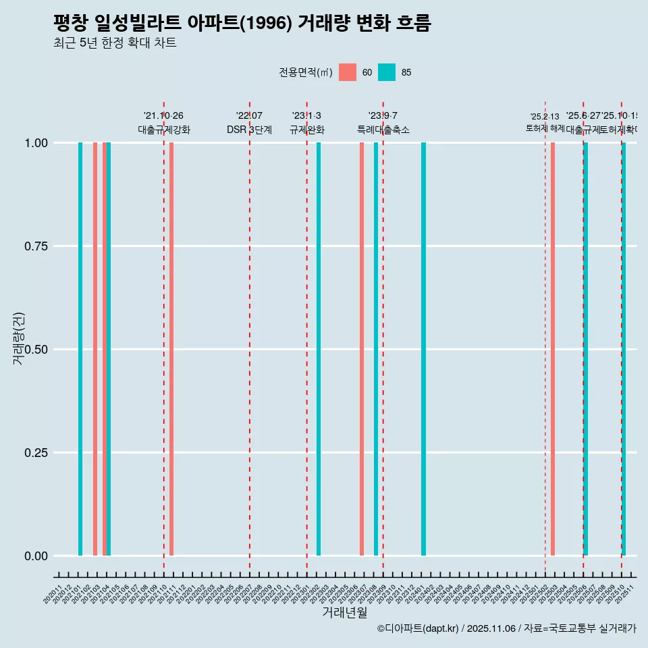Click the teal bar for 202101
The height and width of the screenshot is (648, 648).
click(80, 349)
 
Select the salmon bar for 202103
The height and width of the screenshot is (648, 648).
click(95, 349)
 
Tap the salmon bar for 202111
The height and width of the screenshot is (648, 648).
click(171, 349)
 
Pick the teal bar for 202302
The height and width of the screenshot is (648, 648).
click(319, 349)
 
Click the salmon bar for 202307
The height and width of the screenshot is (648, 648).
click(362, 349)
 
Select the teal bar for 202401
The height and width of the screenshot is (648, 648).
click(423, 349)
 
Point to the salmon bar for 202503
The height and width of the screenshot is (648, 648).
click(553, 349)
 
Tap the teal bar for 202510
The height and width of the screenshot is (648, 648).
click(624, 349)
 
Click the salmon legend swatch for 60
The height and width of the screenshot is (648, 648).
click(348, 72)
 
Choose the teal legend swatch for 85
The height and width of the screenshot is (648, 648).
click(387, 72)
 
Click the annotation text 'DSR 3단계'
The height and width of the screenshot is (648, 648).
click(249, 130)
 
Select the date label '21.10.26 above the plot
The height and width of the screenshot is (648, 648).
click(163, 116)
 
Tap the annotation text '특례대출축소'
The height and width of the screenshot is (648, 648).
click(383, 130)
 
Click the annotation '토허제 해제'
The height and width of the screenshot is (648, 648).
click(545, 128)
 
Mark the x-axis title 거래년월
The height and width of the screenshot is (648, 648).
click(344, 612)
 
